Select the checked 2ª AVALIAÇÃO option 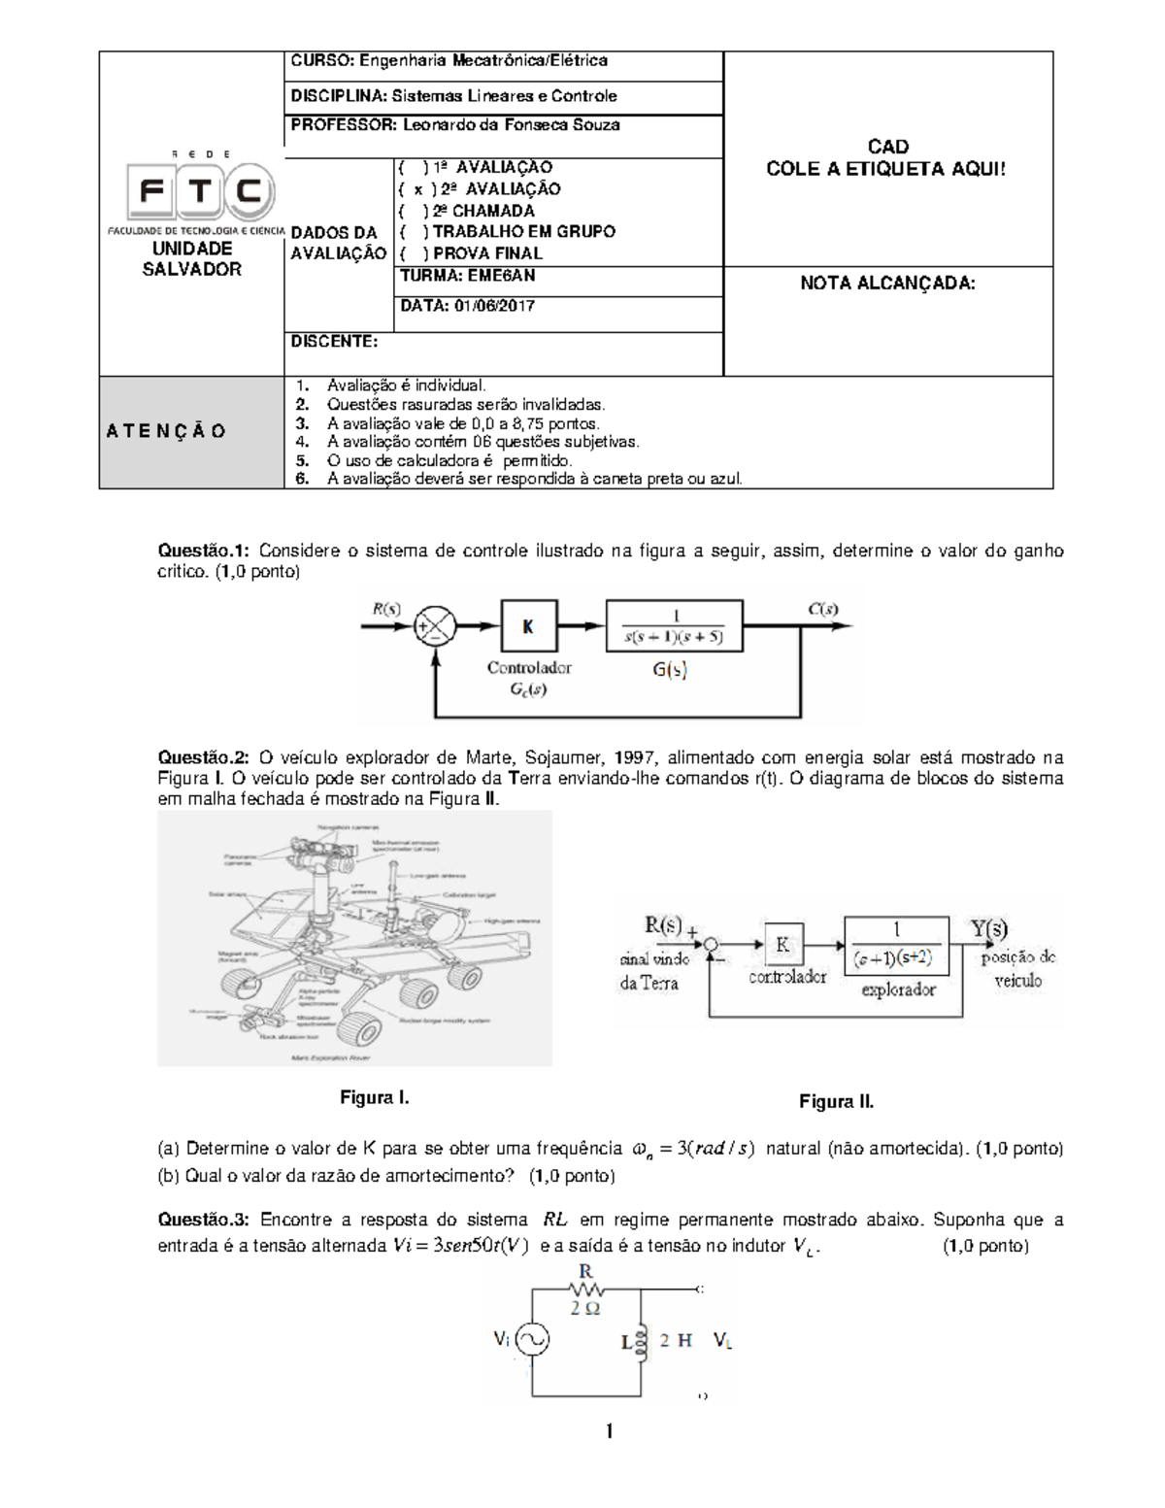coord(480,189)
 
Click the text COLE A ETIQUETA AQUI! coord(886,169)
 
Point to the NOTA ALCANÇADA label coord(886,284)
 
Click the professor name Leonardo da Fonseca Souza coord(511,125)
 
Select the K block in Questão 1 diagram coord(528,627)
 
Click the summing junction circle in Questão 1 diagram coord(435,627)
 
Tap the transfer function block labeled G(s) coord(674,627)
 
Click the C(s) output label coord(823,611)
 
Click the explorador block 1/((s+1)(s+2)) coord(896,943)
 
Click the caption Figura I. coord(375,1098)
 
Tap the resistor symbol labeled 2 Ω coord(585,1290)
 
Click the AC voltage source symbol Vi coord(531,1340)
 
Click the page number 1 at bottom coord(609,1431)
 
